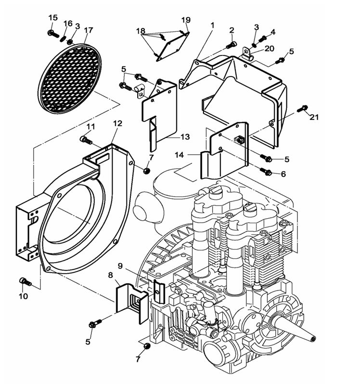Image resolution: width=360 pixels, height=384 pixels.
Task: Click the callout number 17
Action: point(88,30)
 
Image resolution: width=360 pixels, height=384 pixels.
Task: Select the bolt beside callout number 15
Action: point(51,33)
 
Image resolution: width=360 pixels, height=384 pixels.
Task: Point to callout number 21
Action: point(314,117)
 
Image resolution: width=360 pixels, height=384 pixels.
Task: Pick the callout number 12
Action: point(118,124)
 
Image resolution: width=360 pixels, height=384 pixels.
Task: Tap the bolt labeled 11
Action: point(85,140)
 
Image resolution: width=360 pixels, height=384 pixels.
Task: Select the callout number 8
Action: point(110,275)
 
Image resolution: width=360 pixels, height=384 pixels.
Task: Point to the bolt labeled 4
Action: point(263,39)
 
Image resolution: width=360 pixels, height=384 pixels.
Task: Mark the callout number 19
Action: point(186,20)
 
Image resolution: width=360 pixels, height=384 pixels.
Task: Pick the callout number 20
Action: point(269,49)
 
